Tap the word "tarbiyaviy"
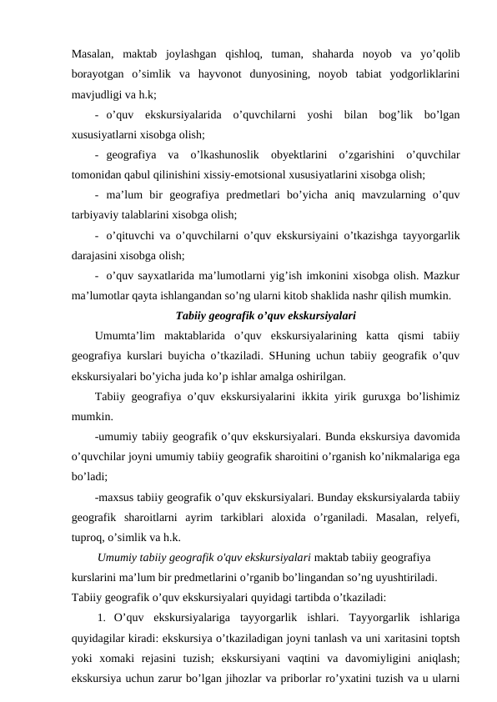coord(98,215)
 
